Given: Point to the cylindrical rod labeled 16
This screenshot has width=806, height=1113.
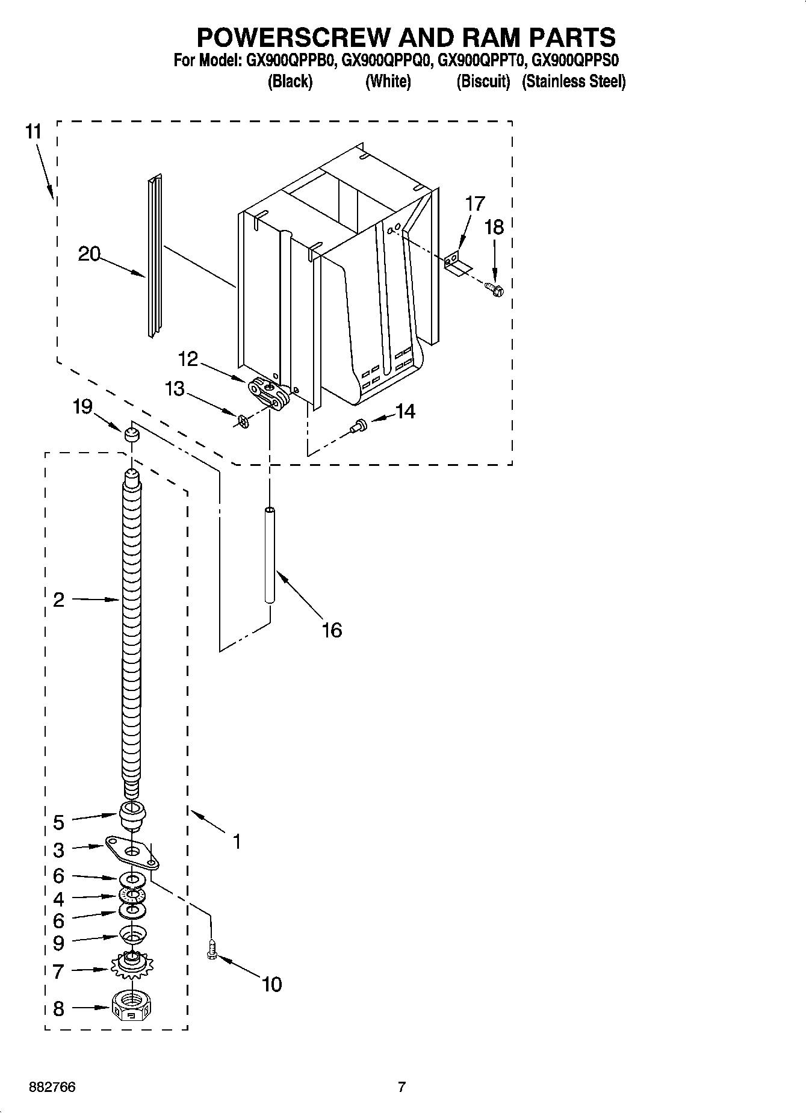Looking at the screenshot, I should [x=270, y=555].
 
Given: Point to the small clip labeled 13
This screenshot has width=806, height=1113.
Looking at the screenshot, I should [x=242, y=420].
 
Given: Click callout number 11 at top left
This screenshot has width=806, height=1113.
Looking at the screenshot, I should [x=34, y=131].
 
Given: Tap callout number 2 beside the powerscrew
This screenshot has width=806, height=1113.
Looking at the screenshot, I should [x=58, y=600].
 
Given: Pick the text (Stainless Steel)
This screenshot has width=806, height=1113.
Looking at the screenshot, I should [x=574, y=81].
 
